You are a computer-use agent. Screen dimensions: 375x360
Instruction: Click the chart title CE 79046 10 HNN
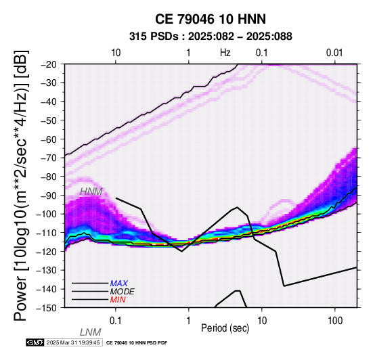pyautogui.click(x=211, y=19)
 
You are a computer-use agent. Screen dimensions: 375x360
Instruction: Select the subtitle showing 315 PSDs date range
pyautogui.click(x=211, y=37)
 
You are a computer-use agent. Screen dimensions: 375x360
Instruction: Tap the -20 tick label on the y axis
pyautogui.click(x=51, y=64)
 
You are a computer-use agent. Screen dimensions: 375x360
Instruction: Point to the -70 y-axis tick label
pyautogui.click(x=51, y=158)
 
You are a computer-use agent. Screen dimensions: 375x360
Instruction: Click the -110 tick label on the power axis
pyautogui.click(x=49, y=232)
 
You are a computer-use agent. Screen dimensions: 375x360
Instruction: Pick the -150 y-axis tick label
pyautogui.click(x=49, y=307)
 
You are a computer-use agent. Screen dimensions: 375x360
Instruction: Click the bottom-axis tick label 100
pyautogui.click(x=335, y=321)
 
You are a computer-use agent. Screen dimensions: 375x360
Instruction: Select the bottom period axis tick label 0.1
pyautogui.click(x=116, y=321)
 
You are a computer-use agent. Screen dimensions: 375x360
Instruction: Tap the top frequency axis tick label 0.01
pyautogui.click(x=334, y=53)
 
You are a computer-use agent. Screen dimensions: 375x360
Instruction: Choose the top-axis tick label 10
pyautogui.click(x=116, y=53)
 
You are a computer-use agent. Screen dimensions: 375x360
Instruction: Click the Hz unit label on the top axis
pyautogui.click(x=225, y=53)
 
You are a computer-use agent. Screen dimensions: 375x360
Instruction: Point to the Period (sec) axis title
pyautogui.click(x=225, y=328)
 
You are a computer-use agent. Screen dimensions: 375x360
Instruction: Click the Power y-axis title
pyautogui.click(x=21, y=185)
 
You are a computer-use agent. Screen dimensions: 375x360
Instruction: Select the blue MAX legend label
pyautogui.click(x=118, y=284)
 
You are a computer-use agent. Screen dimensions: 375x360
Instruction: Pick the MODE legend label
pyautogui.click(x=122, y=292)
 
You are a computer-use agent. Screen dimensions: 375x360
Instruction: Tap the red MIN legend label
pyautogui.click(x=118, y=300)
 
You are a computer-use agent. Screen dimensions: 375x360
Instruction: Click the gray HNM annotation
pyautogui.click(x=91, y=192)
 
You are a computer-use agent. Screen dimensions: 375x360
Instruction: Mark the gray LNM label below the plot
pyautogui.click(x=91, y=332)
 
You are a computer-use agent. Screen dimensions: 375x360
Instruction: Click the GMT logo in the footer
pyautogui.click(x=35, y=342)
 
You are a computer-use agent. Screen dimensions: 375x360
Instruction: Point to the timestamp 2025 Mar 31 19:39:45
pyautogui.click(x=73, y=342)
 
